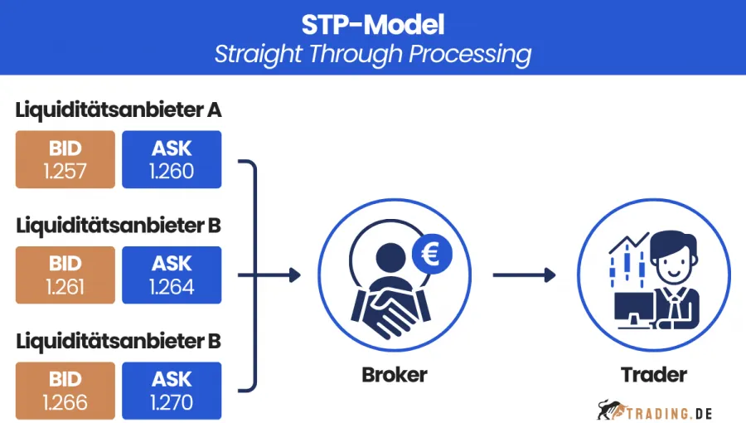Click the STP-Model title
[x=373, y=24]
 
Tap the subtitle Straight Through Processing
[x=373, y=54]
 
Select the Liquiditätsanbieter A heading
[x=118, y=110]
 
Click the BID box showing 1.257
[x=65, y=159]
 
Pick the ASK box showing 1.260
[x=172, y=159]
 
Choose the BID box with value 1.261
[x=65, y=275]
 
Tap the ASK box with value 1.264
[x=172, y=275]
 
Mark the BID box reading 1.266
[x=65, y=391]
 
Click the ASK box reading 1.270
[x=172, y=391]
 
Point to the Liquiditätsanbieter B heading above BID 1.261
[x=118, y=226]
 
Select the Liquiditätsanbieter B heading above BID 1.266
[x=118, y=341]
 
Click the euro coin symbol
[x=432, y=253]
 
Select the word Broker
[x=395, y=375]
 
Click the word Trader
[x=654, y=375]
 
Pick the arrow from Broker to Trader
[x=524, y=275]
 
